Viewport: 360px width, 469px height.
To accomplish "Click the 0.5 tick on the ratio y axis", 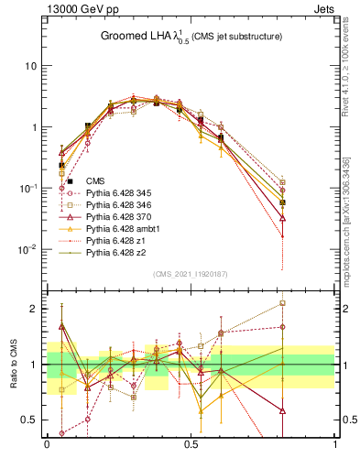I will (29, 420).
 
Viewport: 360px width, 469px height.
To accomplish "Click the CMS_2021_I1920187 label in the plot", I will (191, 273).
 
